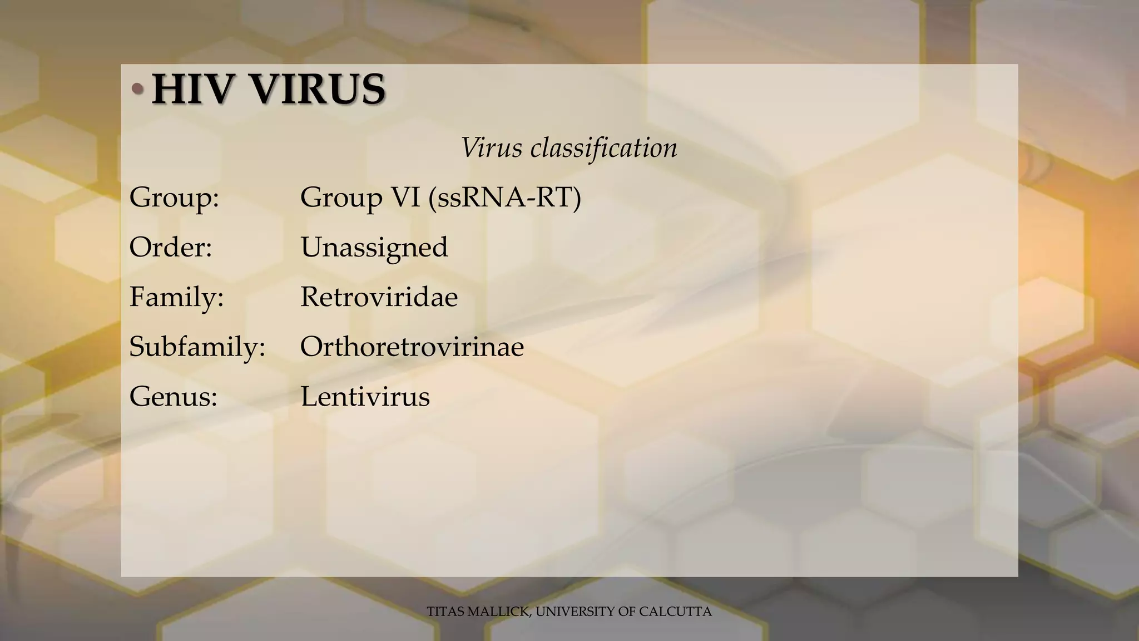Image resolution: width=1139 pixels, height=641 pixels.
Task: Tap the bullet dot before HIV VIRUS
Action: pyautogui.click(x=137, y=90)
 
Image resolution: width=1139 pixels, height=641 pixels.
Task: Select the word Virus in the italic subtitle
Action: pyautogui.click(x=492, y=148)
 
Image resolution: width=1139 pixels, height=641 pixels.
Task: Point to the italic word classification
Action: pyautogui.click(x=603, y=148)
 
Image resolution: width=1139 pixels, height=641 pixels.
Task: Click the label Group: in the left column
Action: pyautogui.click(x=174, y=198)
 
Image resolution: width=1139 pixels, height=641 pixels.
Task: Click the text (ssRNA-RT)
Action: pyautogui.click(x=504, y=198)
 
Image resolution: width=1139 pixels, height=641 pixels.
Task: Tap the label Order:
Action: pyautogui.click(x=171, y=247)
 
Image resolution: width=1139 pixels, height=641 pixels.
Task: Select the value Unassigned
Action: pyautogui.click(x=374, y=247)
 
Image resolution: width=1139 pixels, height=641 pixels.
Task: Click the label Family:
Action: pyautogui.click(x=176, y=297)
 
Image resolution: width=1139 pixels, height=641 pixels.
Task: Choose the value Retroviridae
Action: pyautogui.click(x=379, y=297)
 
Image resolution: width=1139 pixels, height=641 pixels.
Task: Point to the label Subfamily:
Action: pyautogui.click(x=197, y=347)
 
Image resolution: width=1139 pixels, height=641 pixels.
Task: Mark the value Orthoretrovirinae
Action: pyautogui.click(x=412, y=347)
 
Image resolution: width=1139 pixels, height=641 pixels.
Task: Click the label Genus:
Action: pyautogui.click(x=173, y=397)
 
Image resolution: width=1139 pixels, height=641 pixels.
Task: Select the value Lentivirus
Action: pyautogui.click(x=365, y=397)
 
